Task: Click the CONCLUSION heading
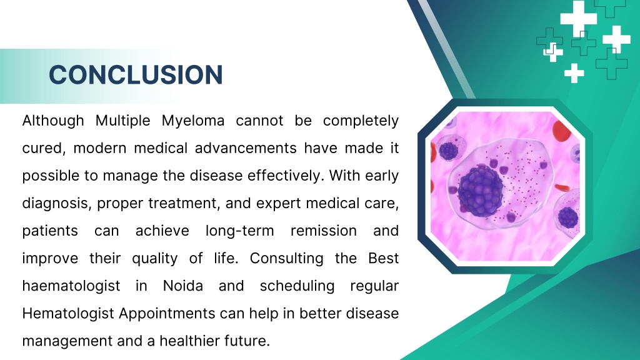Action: coord(136,75)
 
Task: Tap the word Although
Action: coord(53,121)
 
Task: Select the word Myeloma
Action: coord(193,121)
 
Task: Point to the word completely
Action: coord(361,121)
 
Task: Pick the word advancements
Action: coord(246,147)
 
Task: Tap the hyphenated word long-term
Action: coord(239,231)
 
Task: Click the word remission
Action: coord(324,231)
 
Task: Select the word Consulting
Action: coord(286,258)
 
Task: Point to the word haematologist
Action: coord(71,286)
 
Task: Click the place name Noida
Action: coord(183,286)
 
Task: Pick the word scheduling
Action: coord(297,286)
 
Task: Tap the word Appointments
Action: coord(167,314)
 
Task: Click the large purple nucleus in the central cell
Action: coord(481,191)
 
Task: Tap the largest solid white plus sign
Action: coord(578,18)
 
